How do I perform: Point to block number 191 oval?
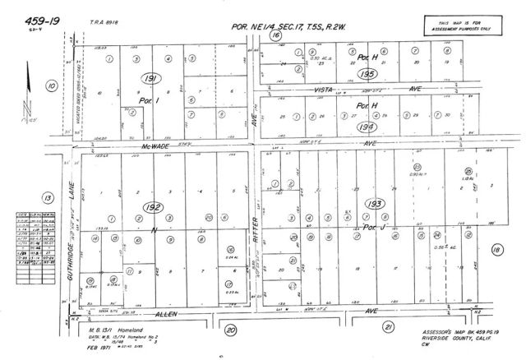tap(148, 77)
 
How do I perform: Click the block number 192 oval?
tap(148, 208)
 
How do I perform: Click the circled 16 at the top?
tap(276, 36)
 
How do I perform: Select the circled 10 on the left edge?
tap(51, 84)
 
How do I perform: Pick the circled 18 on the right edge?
tap(496, 249)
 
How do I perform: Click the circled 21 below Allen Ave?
tap(385, 326)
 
